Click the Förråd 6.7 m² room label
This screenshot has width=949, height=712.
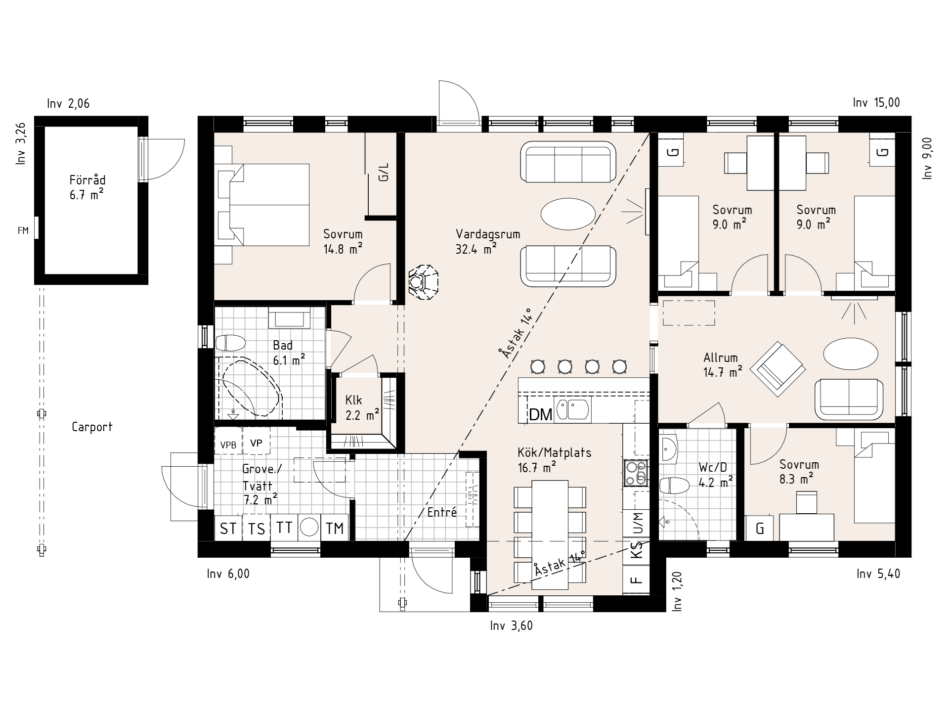click(87, 187)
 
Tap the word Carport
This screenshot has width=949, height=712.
click(92, 427)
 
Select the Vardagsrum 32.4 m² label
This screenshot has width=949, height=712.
click(488, 241)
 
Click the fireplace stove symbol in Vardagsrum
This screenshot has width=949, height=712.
click(424, 282)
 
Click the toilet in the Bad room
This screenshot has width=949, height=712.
click(231, 343)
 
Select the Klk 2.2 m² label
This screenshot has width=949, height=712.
click(362, 407)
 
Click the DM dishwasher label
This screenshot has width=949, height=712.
click(540, 414)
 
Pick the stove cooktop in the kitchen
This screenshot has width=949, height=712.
click(636, 473)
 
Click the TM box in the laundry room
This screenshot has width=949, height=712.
click(335, 529)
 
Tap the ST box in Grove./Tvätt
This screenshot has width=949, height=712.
click(228, 529)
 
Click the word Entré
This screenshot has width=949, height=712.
click(442, 512)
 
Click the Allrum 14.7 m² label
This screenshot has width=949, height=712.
click(723, 364)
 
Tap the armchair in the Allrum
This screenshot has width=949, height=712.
click(777, 369)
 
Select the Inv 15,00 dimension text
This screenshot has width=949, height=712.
click(876, 103)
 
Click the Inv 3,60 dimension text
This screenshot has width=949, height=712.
click(512, 626)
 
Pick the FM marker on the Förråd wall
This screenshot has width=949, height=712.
click(23, 230)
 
